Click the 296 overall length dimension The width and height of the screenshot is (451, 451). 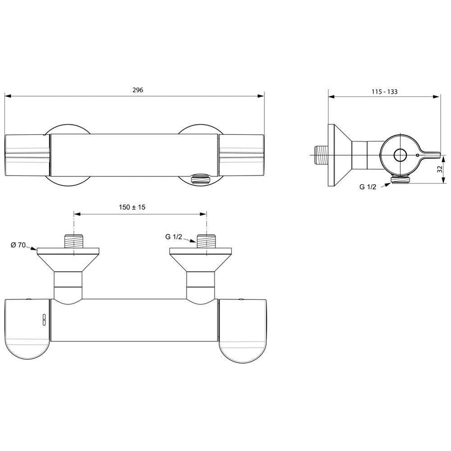(138, 90)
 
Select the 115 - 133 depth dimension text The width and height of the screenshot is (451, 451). (384, 92)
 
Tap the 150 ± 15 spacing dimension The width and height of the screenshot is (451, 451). (132, 207)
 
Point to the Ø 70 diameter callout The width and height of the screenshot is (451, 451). (18, 245)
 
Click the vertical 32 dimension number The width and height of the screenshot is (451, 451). (439, 170)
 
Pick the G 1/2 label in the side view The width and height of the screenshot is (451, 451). (368, 187)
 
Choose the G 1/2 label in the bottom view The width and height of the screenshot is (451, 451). (174, 237)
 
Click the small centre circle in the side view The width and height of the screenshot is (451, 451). (400, 155)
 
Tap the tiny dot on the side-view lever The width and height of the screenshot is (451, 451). (417, 155)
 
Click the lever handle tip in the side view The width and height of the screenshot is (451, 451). (439, 155)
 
